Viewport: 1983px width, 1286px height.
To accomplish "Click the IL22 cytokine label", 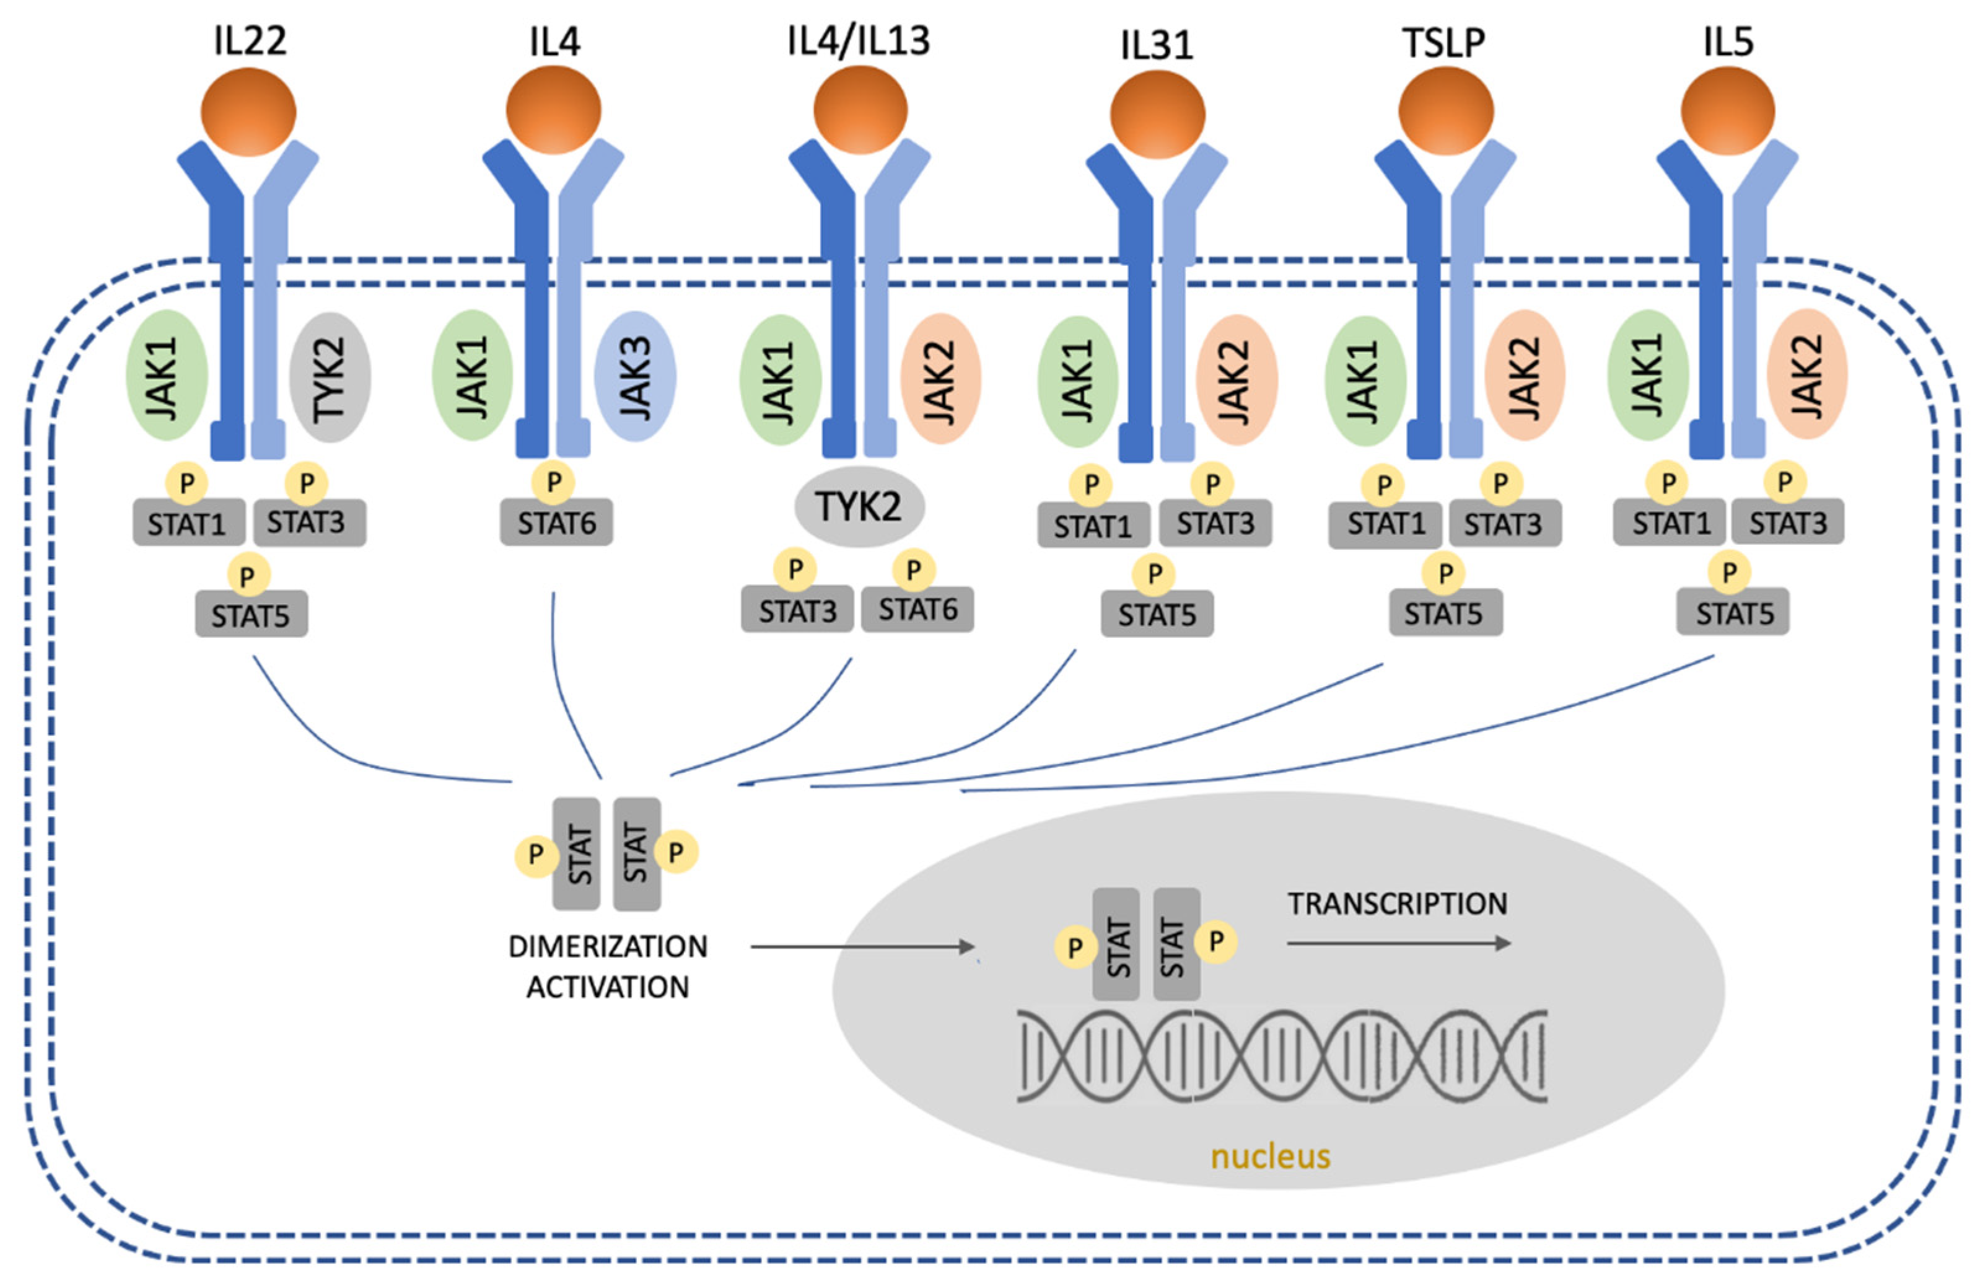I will (x=250, y=40).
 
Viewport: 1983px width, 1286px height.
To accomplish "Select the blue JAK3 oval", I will (x=635, y=377).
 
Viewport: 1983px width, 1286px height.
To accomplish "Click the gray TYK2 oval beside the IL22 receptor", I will (x=330, y=377).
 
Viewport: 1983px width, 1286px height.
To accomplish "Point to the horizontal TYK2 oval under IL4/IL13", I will (x=859, y=506).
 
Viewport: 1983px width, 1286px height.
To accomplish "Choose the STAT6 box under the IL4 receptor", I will (x=556, y=522).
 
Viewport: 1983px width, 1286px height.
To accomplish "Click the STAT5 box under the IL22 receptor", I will (x=251, y=615).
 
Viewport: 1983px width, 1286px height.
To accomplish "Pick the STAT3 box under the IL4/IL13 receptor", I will (x=797, y=610).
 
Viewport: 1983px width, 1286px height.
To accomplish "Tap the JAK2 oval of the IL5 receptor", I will (x=1806, y=375).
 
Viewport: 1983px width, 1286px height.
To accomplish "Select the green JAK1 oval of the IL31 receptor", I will (x=1077, y=381).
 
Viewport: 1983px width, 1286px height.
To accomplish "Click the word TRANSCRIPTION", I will (x=1397, y=904).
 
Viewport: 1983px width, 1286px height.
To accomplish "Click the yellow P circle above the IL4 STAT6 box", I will (x=553, y=482).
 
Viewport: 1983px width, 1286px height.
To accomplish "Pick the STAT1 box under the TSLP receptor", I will (x=1385, y=525).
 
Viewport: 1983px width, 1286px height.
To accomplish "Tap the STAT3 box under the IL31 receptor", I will (x=1215, y=524).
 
